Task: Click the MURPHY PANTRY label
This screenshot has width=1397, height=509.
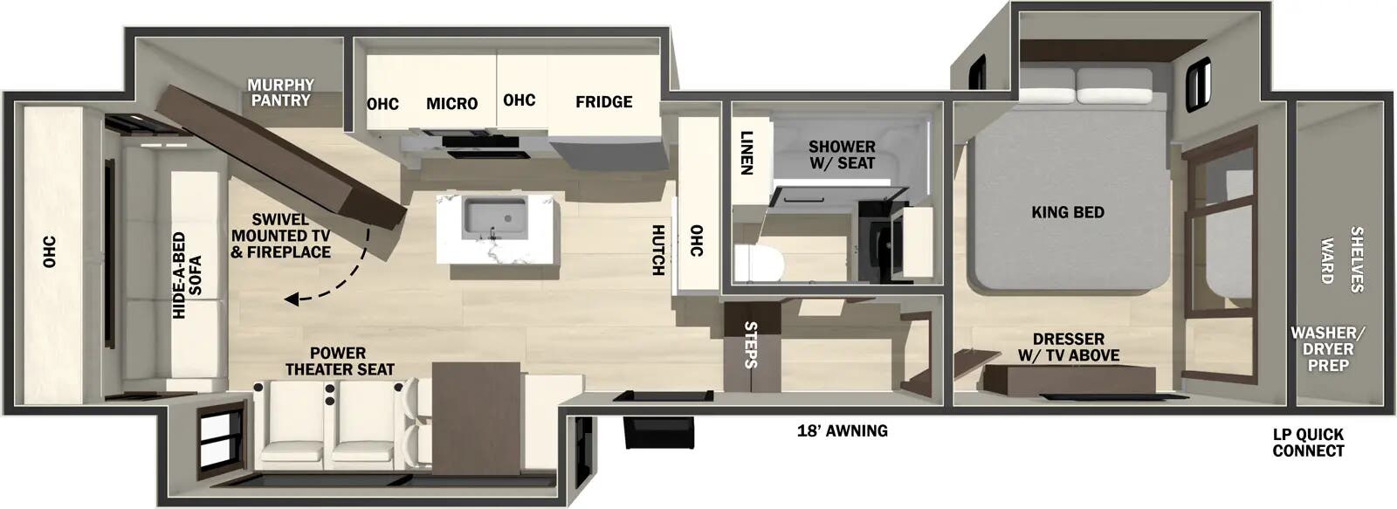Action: point(280,93)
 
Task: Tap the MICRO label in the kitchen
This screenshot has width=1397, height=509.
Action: point(451,103)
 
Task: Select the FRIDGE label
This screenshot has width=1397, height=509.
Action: point(603,101)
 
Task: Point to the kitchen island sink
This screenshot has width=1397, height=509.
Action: point(495,214)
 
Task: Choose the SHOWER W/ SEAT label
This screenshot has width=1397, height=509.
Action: point(842,155)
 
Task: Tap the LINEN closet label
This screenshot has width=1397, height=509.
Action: point(747,153)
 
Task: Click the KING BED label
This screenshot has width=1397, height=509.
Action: point(1067,212)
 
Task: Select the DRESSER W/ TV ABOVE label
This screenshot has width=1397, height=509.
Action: point(1068,347)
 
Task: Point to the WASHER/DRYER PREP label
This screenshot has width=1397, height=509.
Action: point(1327,348)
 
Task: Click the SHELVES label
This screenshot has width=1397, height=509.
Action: point(1356,259)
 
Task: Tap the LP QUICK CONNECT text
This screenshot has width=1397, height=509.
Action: point(1308,443)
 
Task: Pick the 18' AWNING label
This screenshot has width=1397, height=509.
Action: point(842,430)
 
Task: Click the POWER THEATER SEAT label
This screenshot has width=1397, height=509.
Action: point(339,361)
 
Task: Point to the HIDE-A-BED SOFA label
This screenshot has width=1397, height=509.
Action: point(187,274)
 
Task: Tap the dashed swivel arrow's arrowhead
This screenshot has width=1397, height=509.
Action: point(290,299)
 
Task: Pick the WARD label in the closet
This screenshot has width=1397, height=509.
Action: point(1327,260)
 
